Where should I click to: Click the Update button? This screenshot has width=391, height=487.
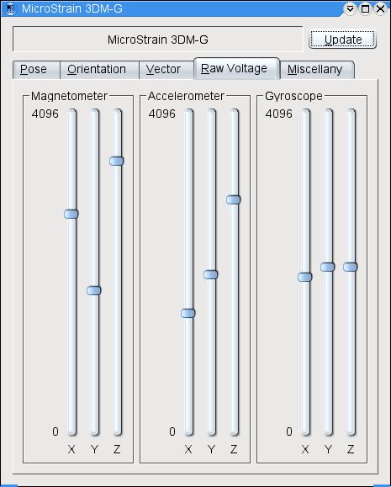pos(342,40)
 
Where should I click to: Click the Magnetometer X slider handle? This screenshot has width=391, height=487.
pos(71,214)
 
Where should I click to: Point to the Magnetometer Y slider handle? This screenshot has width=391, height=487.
pos(94,290)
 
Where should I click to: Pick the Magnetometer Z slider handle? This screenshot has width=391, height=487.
pos(117,161)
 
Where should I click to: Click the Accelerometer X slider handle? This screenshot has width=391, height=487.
pos(188,313)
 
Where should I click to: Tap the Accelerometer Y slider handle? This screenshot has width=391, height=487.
pos(210,274)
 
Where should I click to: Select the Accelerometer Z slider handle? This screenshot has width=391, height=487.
pos(233,199)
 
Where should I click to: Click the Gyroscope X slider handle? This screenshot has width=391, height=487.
pos(304,277)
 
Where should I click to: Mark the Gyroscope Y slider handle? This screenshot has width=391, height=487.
pos(327,267)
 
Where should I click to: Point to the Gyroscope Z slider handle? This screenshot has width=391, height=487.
pos(350,267)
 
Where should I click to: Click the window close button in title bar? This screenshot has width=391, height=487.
pos(380,8)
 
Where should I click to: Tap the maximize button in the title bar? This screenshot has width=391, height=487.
pos(365,8)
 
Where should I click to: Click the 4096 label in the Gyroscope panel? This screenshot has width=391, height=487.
pos(278,114)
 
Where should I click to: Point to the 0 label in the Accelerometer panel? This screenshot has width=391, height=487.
pos(172,431)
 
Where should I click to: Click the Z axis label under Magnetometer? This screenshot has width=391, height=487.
pos(117,449)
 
